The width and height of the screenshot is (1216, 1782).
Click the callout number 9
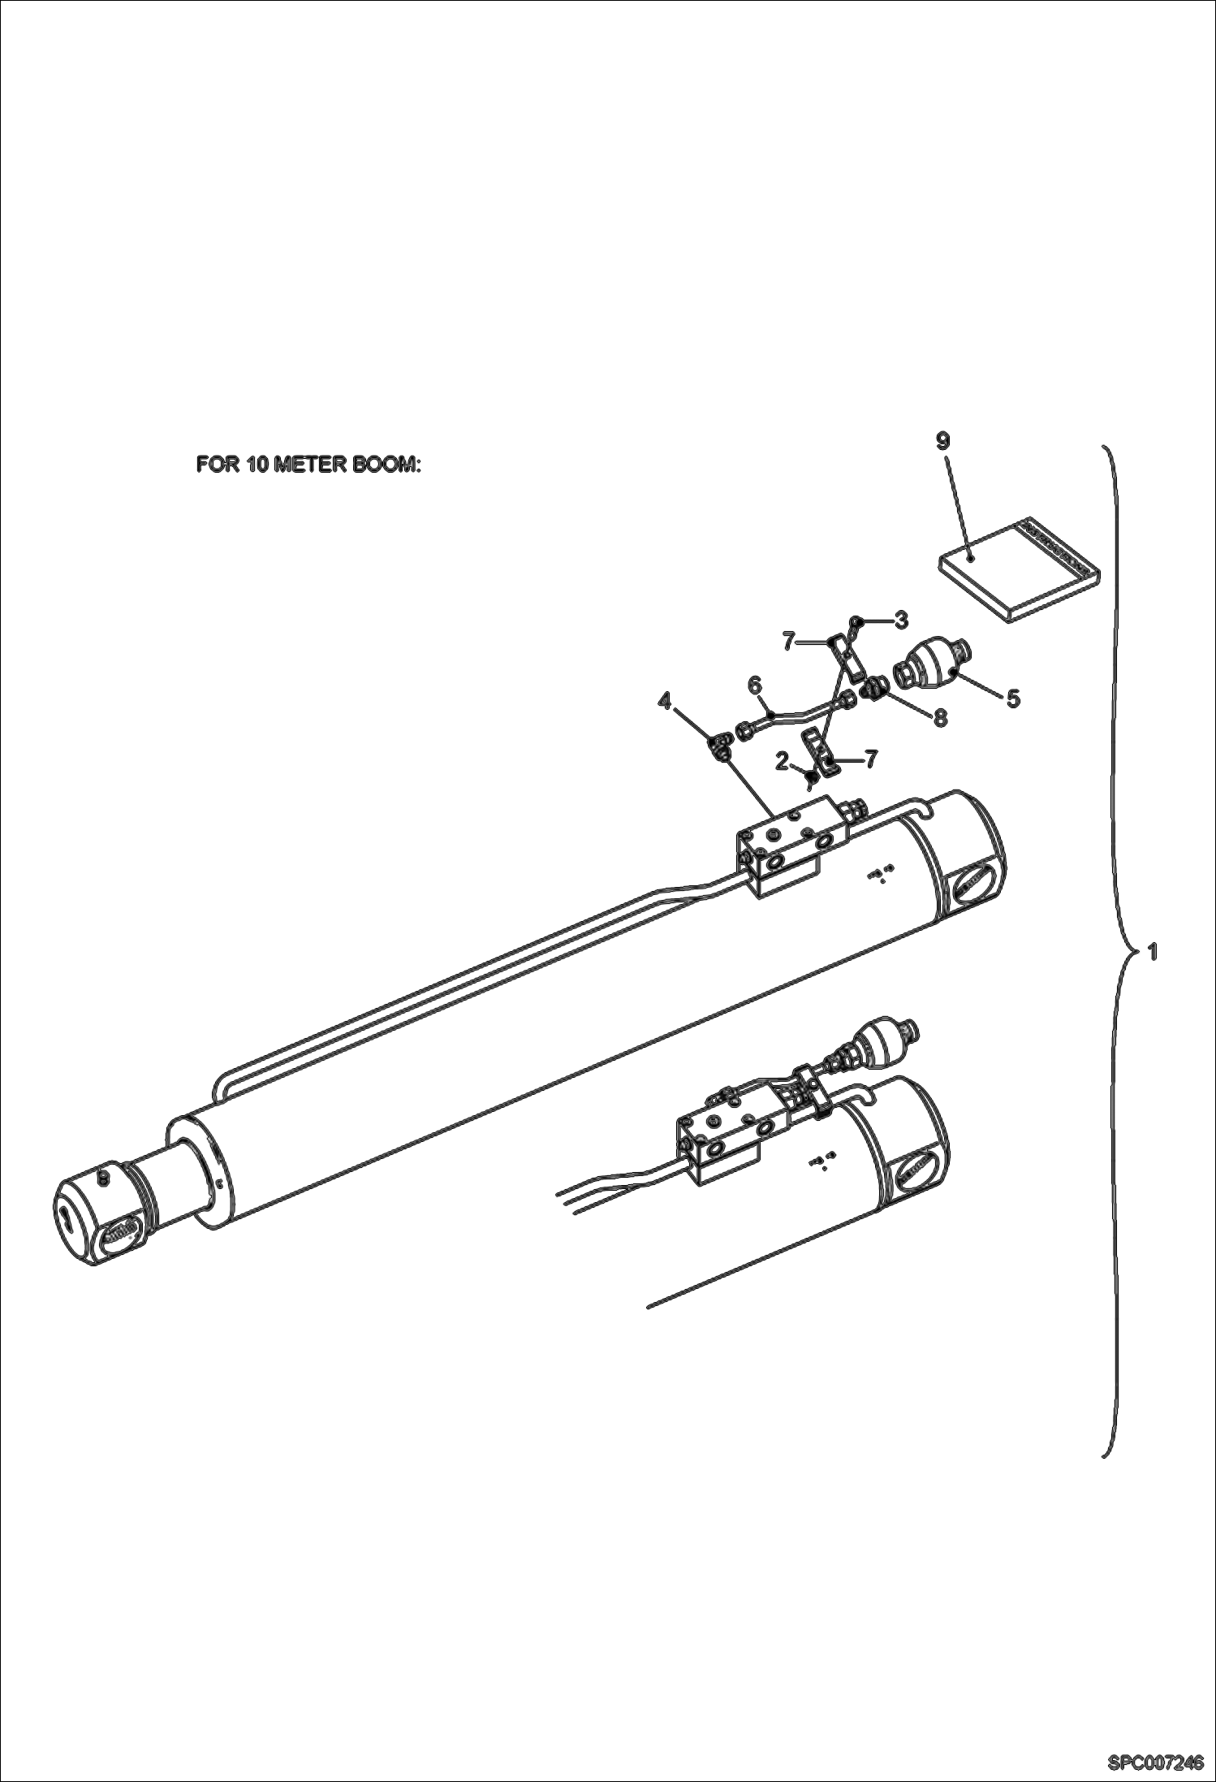[942, 440]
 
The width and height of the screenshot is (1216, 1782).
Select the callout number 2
[782, 761]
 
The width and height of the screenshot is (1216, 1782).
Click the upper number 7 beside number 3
[788, 642]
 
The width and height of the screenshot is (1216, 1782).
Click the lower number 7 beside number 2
[870, 759]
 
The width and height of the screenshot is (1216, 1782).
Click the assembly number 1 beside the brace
[1151, 951]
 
